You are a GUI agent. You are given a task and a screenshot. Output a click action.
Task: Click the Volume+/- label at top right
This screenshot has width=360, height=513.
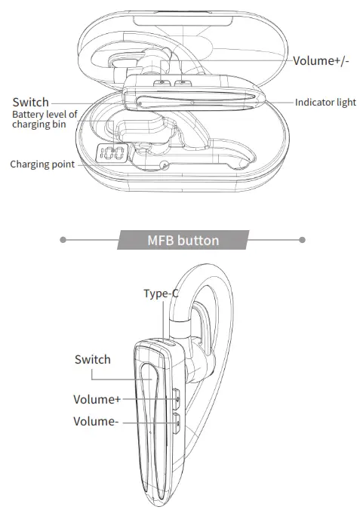321,61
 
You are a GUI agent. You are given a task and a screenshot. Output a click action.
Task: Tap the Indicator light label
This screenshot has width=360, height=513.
325,103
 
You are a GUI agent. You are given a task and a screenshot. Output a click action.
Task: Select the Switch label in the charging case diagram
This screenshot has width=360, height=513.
31,102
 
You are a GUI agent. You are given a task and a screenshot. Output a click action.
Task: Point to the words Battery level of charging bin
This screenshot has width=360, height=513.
45,119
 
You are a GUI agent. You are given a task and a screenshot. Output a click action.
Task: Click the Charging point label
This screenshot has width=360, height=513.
42,164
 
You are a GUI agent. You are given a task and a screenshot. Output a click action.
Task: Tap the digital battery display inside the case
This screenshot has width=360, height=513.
111,155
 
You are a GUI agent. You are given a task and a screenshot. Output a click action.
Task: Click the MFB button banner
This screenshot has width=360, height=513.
183,241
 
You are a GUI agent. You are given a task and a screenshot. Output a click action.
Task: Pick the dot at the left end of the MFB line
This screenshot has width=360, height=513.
63,241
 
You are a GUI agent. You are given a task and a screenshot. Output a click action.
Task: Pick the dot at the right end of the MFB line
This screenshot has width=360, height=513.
302,241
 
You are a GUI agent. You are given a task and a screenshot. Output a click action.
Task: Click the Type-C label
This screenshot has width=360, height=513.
160,293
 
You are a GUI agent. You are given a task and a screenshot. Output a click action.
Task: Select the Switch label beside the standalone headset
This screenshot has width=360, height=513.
92,359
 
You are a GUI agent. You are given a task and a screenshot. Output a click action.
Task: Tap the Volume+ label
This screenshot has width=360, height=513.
97,399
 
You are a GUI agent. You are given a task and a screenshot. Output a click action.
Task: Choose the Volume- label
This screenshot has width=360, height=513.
96,422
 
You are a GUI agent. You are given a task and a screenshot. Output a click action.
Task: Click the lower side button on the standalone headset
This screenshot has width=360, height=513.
176,422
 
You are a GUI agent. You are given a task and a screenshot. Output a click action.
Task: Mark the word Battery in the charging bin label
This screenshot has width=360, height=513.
28,114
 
